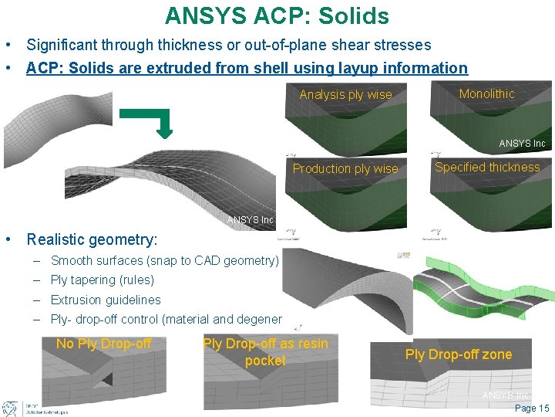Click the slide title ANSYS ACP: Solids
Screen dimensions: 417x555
277,15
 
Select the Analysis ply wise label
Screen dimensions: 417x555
345,95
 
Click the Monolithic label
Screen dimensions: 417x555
486,93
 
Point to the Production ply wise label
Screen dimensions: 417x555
345,168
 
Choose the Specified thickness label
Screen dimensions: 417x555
487,167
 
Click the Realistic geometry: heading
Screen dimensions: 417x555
92,240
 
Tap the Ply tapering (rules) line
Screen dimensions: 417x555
102,280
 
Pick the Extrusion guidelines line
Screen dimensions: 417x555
106,300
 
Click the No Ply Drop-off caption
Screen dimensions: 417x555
103,344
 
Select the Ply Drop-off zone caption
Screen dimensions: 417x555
458,354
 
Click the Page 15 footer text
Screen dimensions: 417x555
531,409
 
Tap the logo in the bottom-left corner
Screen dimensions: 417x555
11,409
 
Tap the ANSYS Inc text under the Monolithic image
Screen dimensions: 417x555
522,144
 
